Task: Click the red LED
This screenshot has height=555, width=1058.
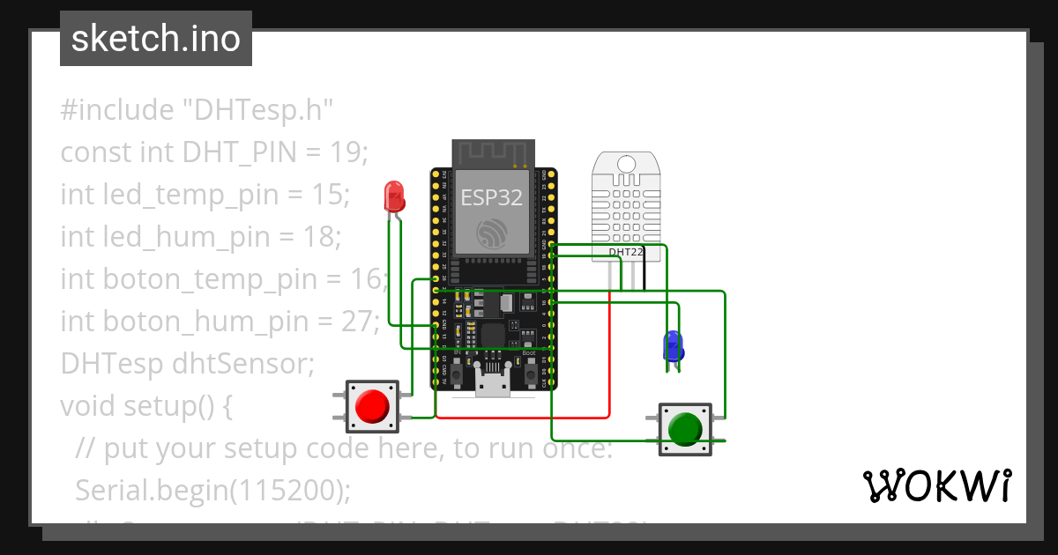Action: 393,196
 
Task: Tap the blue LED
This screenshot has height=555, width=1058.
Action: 674,346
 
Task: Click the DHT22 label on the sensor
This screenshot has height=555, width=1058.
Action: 627,252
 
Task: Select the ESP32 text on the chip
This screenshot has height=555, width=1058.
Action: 492,197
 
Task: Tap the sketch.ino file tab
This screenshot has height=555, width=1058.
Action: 156,39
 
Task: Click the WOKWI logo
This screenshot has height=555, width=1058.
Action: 935,485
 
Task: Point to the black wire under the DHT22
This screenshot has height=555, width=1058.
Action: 644,275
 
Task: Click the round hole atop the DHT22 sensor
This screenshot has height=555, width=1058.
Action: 627,164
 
